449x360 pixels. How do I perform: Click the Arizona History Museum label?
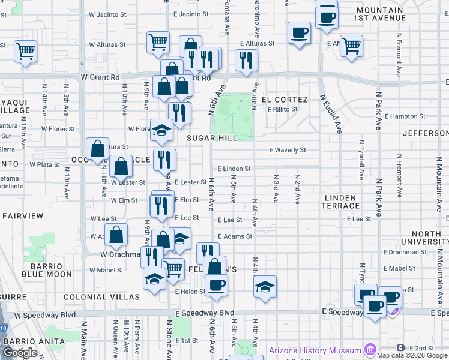(315, 350)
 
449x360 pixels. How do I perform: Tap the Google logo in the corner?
(20, 353)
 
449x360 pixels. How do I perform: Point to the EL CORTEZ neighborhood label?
(284, 100)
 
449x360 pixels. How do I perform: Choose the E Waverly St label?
(288, 150)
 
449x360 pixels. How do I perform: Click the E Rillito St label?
(282, 109)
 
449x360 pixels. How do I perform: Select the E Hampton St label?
(405, 116)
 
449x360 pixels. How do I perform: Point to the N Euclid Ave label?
(331, 113)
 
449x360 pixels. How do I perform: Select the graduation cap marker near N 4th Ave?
(265, 286)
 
